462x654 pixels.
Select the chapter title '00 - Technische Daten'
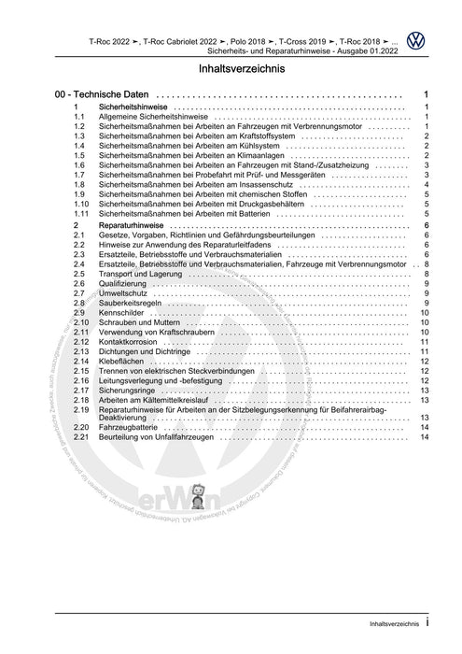click(x=102, y=96)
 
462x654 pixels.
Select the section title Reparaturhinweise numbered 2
click(x=134, y=225)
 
